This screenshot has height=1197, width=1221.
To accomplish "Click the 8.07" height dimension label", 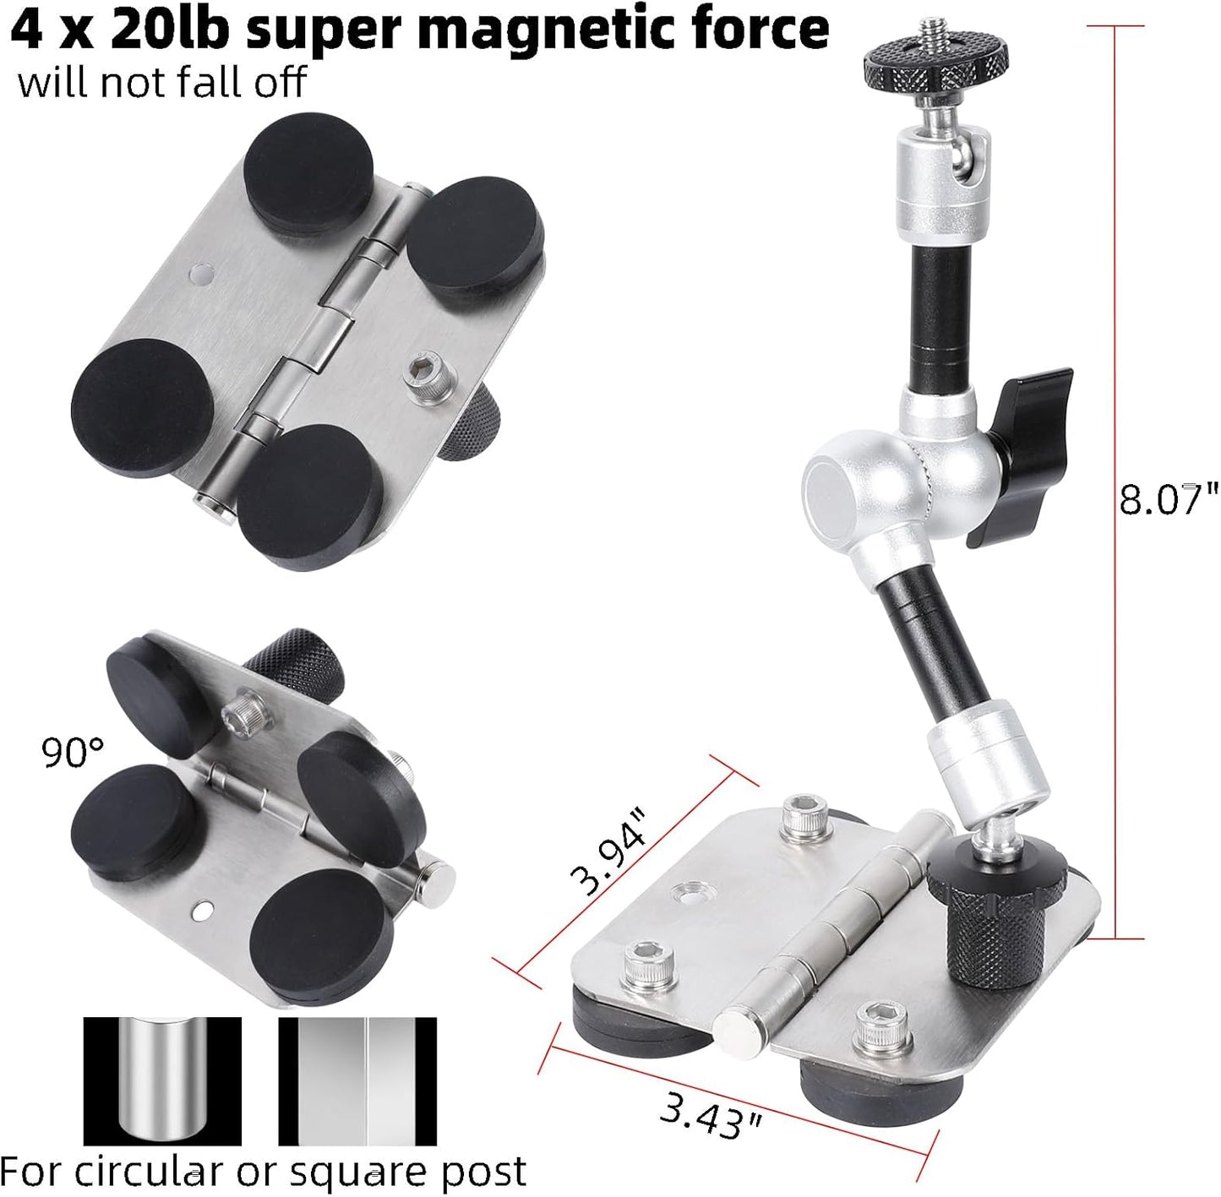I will tap(1169, 498).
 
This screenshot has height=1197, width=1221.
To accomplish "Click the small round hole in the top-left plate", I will tap(201, 274).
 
